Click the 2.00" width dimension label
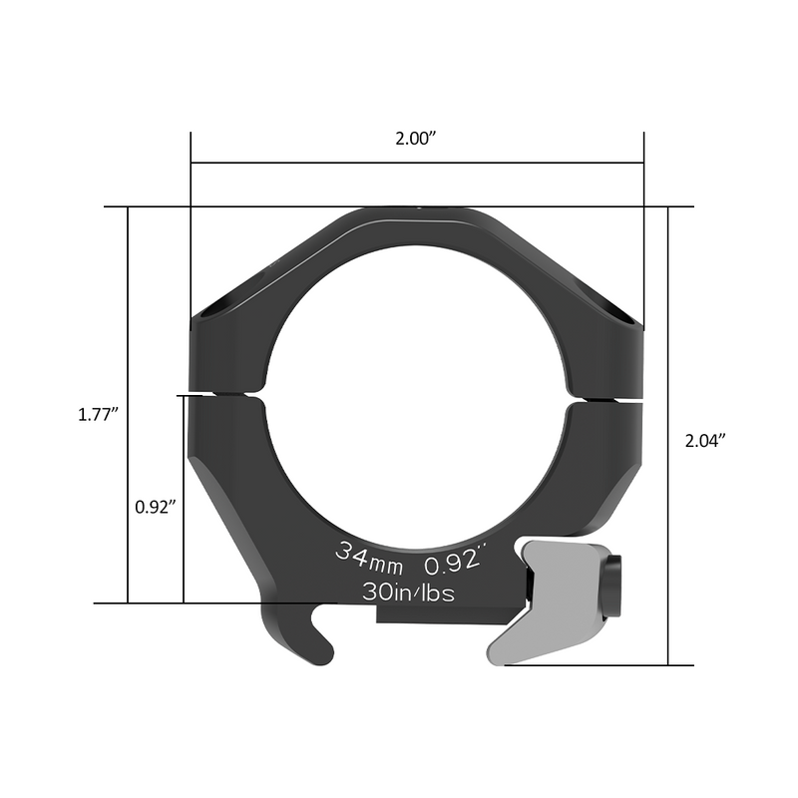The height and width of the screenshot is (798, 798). (417, 139)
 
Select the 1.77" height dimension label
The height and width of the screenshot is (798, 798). (99, 413)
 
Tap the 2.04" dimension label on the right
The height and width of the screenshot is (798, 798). (705, 439)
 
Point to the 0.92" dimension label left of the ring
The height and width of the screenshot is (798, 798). (156, 506)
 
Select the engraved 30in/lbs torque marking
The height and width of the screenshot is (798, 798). (409, 592)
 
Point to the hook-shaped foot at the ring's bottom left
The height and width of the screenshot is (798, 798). (299, 638)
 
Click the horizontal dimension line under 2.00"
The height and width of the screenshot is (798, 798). (417, 162)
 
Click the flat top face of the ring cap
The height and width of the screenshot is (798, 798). (417, 211)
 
